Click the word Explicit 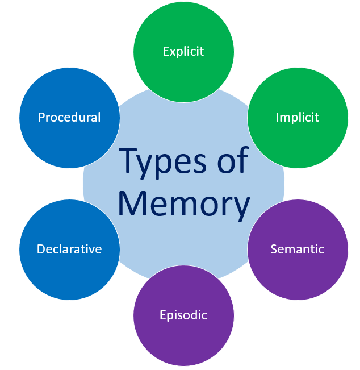point(183,52)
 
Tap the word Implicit point(297,118)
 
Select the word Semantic point(297,249)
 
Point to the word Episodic point(183,315)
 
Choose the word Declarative point(69,249)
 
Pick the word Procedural point(69,117)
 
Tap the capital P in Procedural point(41,117)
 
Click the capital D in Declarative point(41,249)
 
